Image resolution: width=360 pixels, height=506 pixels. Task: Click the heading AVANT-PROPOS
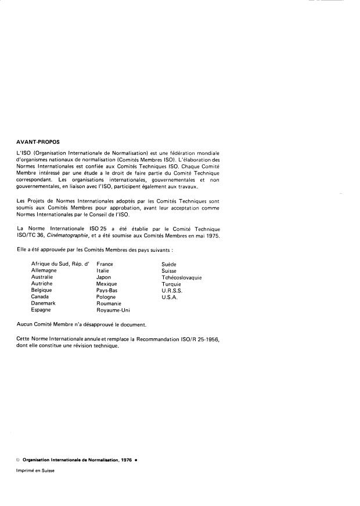pyautogui.click(x=39, y=141)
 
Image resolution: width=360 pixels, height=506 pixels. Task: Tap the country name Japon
pyautogui.click(x=104, y=277)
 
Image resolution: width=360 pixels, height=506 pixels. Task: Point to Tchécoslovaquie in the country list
pyautogui.click(x=182, y=277)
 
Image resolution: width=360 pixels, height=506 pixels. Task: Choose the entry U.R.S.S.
pyautogui.click(x=172, y=290)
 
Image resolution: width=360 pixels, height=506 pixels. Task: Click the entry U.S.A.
pyautogui.click(x=170, y=297)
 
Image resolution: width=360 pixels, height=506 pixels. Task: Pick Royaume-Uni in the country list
pyautogui.click(x=113, y=310)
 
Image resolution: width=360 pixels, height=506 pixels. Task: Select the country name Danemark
pyautogui.click(x=44, y=303)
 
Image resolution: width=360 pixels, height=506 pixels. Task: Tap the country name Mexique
pyautogui.click(x=107, y=284)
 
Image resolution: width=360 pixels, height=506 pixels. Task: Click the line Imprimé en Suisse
pyautogui.click(x=35, y=472)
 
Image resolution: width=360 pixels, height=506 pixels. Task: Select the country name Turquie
pyautogui.click(x=171, y=284)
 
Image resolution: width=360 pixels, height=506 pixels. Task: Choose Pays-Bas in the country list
pyautogui.click(x=107, y=290)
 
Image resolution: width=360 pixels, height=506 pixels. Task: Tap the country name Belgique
pyautogui.click(x=42, y=290)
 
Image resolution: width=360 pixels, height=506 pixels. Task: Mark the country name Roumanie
pyautogui.click(x=109, y=303)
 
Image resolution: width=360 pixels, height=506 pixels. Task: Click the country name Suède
pyautogui.click(x=170, y=264)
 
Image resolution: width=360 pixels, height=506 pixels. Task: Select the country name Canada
pyautogui.click(x=40, y=297)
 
